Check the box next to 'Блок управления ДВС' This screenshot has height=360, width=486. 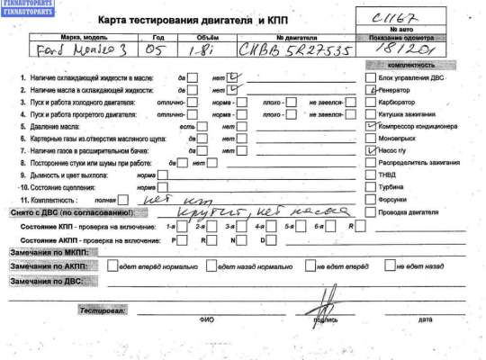tap(357, 78)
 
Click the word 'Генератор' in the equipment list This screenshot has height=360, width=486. tap(384, 91)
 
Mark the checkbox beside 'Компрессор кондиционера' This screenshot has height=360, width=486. tap(357, 127)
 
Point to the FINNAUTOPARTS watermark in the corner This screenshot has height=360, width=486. tap(27, 9)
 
